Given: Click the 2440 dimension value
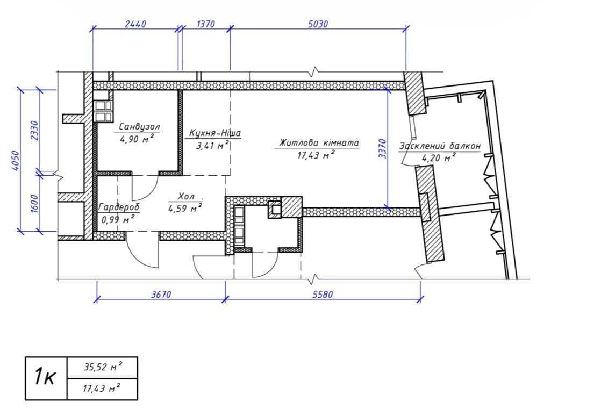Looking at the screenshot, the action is pyautogui.click(x=135, y=24).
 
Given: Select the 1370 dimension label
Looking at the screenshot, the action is pyautogui.click(x=206, y=24).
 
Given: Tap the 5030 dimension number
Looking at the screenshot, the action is pyautogui.click(x=318, y=24).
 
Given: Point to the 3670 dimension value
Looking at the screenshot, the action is pyautogui.click(x=161, y=295).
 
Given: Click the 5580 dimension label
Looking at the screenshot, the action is pyautogui.click(x=323, y=295).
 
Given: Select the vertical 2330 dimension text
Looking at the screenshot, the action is pyautogui.click(x=34, y=131).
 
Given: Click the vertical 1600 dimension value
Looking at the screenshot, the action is pyautogui.click(x=34, y=204).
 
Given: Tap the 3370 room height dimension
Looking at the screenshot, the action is pyautogui.click(x=383, y=149).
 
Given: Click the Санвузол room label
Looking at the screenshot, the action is pyautogui.click(x=140, y=126).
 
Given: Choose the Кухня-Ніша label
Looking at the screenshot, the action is pyautogui.click(x=215, y=133).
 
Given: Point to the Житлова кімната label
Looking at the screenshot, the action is pyautogui.click(x=319, y=143).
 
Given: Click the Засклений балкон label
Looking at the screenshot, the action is pyautogui.click(x=440, y=146).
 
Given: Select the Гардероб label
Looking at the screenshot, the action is pyautogui.click(x=119, y=207).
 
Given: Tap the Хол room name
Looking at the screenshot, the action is pyautogui.click(x=186, y=197).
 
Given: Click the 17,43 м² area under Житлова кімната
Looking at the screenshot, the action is pyautogui.click(x=316, y=155).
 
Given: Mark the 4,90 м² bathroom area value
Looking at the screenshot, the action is pyautogui.click(x=137, y=138).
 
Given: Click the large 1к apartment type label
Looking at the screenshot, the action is pyautogui.click(x=45, y=377).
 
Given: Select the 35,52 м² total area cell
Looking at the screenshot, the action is pyautogui.click(x=103, y=367).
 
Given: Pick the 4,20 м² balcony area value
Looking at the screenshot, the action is pyautogui.click(x=439, y=157).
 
